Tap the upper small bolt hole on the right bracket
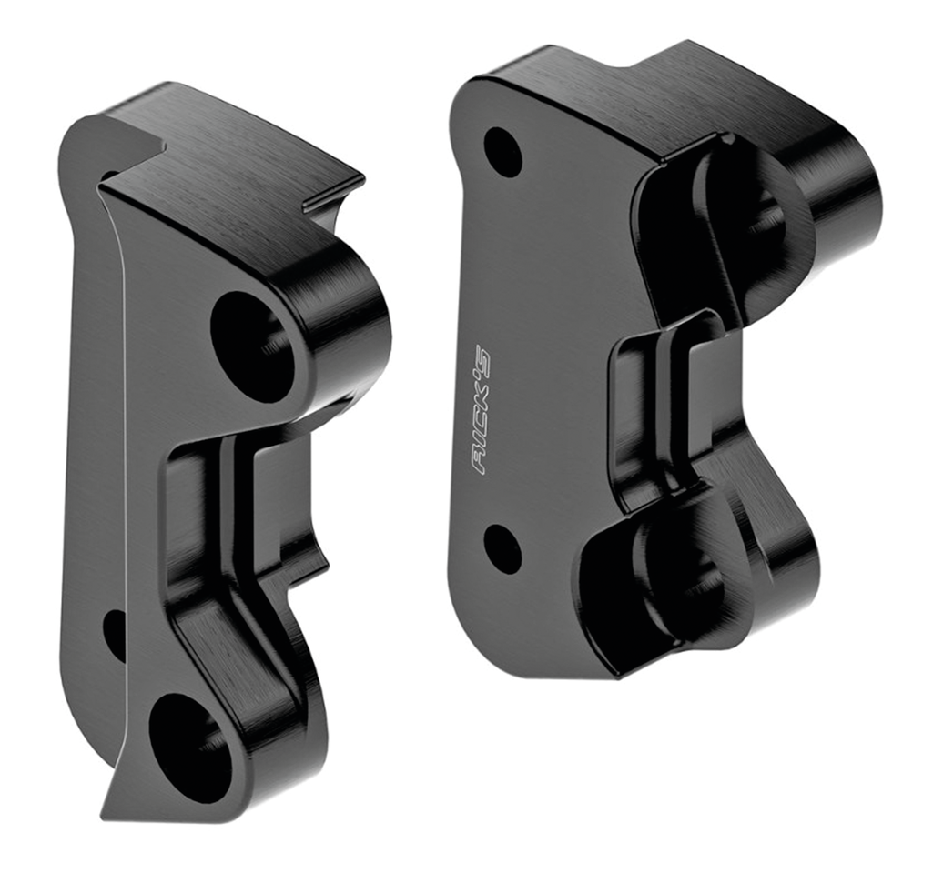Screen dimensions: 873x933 pos(502,152)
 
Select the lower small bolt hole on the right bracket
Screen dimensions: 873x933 pos(502,548)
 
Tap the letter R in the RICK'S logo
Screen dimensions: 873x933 pos(480,464)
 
